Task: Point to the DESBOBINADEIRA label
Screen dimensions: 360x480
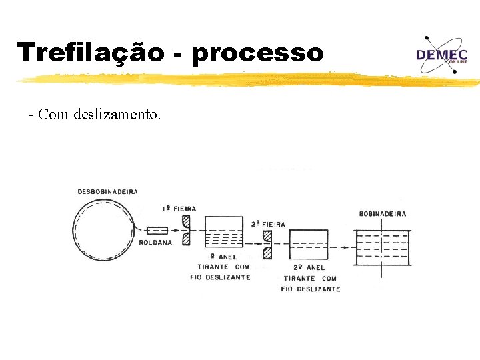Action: (x=108, y=192)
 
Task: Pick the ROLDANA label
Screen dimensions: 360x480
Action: (x=155, y=243)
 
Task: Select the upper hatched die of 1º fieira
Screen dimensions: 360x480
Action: (x=186, y=220)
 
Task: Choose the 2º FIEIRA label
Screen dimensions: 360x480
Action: (x=268, y=225)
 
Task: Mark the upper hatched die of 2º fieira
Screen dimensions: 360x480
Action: (x=267, y=236)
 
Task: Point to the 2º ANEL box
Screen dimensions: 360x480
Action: (x=309, y=247)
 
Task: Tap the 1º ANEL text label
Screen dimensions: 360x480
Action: (x=223, y=257)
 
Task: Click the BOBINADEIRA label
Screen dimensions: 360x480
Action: (x=383, y=214)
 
